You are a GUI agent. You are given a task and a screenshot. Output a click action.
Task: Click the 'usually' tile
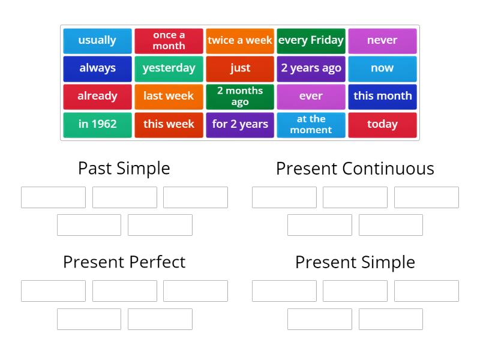[97, 40]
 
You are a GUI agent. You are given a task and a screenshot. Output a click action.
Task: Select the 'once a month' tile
[169, 40]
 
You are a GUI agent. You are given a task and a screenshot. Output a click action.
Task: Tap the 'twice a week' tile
[240, 40]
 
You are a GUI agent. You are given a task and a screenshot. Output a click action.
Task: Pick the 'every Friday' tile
[311, 40]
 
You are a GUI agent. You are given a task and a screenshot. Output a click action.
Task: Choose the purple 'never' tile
[382, 40]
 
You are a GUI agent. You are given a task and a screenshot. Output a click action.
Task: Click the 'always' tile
[97, 68]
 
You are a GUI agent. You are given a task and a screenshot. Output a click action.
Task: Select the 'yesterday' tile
[169, 68]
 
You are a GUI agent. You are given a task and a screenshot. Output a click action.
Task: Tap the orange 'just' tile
[240, 68]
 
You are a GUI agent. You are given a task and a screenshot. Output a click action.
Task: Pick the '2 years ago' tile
[311, 68]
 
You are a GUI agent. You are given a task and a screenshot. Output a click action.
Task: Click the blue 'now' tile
[382, 68]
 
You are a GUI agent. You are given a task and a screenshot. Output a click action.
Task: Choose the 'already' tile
[97, 96]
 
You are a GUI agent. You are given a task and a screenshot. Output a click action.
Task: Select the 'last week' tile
[169, 96]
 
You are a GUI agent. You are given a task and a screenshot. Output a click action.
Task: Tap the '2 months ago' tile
[240, 96]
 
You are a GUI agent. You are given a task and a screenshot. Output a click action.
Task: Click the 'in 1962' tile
[97, 124]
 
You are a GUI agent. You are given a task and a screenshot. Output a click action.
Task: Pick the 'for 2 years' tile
[240, 124]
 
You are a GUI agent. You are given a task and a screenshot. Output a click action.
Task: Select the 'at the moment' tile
[311, 124]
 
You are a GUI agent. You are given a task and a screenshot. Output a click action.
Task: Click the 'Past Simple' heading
[124, 169]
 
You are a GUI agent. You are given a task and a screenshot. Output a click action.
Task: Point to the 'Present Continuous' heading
[355, 169]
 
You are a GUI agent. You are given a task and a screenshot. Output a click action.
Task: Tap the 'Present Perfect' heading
[124, 262]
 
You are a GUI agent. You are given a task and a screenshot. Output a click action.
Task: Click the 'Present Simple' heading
[355, 262]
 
